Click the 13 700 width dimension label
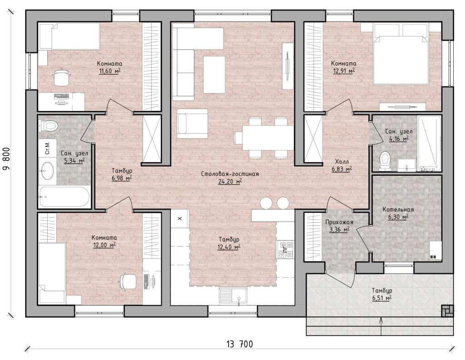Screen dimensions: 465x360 tap(240, 344)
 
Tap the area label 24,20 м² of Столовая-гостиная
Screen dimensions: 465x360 tap(230, 182)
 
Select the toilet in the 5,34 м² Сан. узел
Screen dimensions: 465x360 tap(47, 126)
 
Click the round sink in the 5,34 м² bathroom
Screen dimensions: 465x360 tap(47, 170)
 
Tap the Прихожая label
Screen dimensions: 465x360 tap(339, 222)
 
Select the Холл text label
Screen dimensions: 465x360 tap(342, 162)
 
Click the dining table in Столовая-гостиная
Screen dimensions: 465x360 tap(268, 137)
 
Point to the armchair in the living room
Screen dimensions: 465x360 tap(192, 124)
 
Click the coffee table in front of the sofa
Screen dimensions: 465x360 tap(214, 75)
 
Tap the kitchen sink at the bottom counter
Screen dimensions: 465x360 tap(233, 295)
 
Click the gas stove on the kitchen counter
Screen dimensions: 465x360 tap(285, 249)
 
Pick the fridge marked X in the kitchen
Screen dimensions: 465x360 tap(180, 219)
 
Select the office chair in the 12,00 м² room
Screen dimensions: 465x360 tap(128, 281)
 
